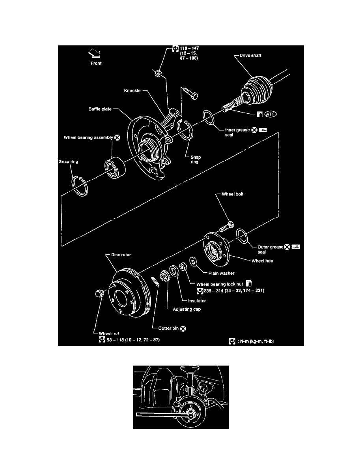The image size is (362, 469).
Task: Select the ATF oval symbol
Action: click(x=271, y=114)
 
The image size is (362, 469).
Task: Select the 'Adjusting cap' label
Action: click(x=187, y=309)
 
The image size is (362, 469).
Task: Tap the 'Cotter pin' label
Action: click(x=166, y=328)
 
